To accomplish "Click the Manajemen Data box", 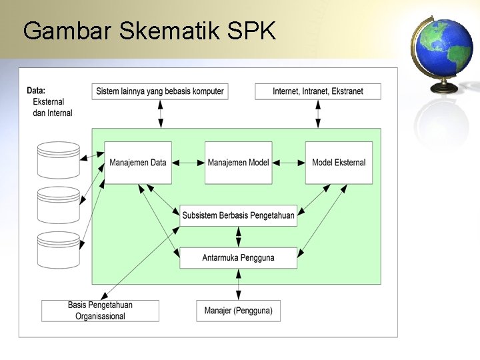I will pos(138,163).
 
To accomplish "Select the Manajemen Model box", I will pos(238,163).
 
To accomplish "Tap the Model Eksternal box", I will pos(339,163).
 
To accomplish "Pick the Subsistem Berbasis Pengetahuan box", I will pos(238,215).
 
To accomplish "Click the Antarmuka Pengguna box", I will pos(238,258).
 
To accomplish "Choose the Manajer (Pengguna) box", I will pos(238,311).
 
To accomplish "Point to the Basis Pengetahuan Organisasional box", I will pos(100,311).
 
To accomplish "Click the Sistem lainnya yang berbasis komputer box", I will pos(160,91).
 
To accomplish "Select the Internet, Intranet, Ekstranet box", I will pos(318,91).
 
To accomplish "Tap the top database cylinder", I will pos(59,160).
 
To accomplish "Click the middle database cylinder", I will pos(59,205).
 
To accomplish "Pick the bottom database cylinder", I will pos(59,249).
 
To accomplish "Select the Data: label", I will pos(36,91).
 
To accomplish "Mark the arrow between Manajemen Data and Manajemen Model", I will pos(188,162).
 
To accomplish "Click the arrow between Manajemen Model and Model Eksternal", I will pos(289,162).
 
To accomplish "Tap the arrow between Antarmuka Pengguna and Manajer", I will pos(239,285).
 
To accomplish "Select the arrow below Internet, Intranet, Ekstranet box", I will pos(318,113).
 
